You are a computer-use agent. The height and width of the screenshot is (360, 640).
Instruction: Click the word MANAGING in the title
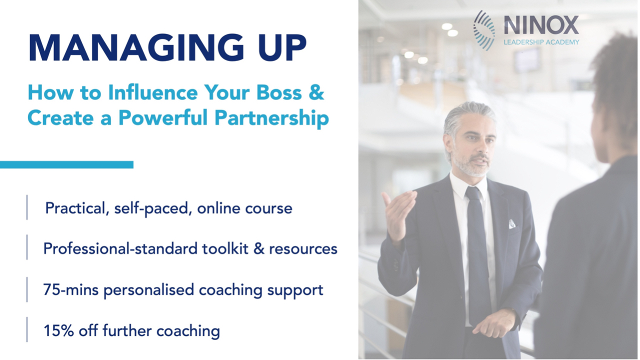(x=136, y=47)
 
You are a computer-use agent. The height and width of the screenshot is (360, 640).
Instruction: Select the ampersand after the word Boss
(x=316, y=92)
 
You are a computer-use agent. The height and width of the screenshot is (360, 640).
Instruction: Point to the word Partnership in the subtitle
(x=271, y=117)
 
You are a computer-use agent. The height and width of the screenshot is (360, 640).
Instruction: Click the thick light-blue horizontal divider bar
(x=66, y=164)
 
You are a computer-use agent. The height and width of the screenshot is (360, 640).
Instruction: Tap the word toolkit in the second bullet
(x=225, y=248)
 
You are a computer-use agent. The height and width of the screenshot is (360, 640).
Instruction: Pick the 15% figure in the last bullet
(x=58, y=330)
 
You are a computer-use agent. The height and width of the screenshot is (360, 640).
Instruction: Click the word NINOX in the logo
(x=541, y=25)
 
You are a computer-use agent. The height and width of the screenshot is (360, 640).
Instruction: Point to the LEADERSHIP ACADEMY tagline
(x=541, y=42)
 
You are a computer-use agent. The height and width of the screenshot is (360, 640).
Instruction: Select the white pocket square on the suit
(x=512, y=224)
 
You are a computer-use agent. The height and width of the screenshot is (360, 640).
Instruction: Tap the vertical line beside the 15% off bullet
(x=27, y=329)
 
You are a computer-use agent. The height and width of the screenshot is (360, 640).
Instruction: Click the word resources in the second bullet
(x=303, y=248)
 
